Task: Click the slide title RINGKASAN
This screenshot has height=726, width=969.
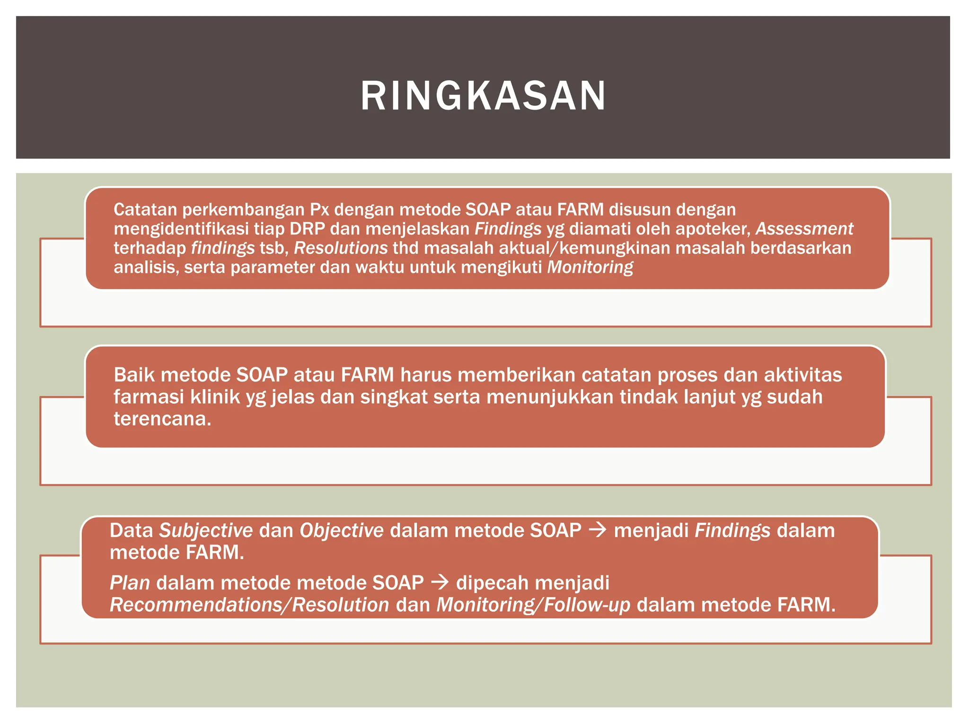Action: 483,96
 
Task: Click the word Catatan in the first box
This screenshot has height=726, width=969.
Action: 145,209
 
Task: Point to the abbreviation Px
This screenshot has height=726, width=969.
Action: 319,209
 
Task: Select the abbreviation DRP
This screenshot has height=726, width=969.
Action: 307,229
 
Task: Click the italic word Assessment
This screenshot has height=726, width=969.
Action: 804,229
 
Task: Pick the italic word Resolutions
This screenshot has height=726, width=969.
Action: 341,248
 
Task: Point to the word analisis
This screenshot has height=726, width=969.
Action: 146,268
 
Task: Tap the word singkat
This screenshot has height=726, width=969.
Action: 394,397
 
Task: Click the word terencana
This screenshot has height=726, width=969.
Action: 162,419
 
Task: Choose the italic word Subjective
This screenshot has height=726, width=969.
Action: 206,531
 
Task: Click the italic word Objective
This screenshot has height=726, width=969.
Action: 342,531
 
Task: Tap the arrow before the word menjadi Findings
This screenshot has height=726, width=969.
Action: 597,530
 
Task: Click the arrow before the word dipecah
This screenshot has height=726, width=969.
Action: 440,582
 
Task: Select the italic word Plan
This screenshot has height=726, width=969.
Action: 130,583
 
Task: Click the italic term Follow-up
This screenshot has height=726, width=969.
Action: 587,605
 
